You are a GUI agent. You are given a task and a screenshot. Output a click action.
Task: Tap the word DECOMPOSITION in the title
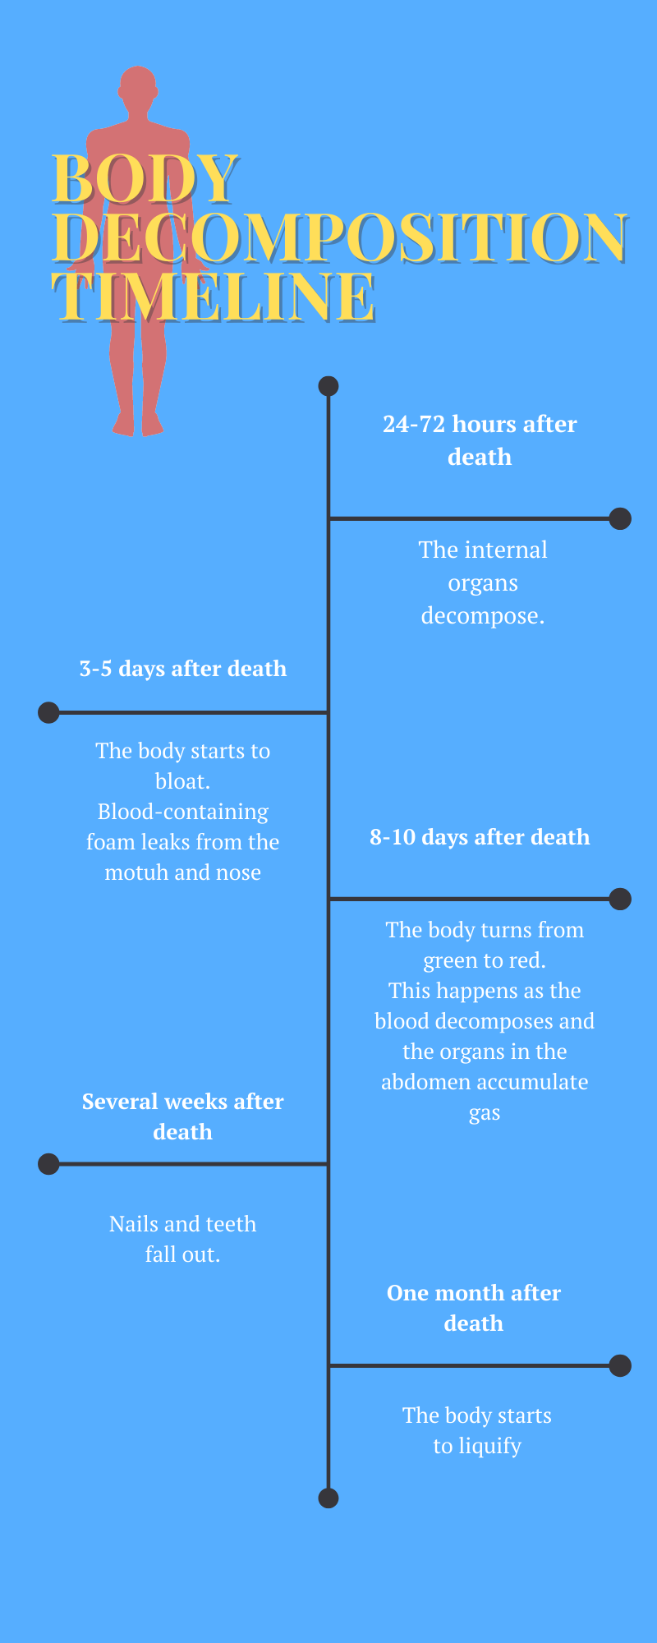tap(341, 237)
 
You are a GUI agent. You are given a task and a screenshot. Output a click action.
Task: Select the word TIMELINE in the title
tap(214, 296)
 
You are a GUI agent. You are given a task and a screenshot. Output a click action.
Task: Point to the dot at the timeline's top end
tap(328, 386)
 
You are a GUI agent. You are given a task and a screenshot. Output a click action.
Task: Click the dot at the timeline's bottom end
tap(328, 1498)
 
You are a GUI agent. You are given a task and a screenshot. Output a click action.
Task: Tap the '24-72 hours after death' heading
tap(480, 440)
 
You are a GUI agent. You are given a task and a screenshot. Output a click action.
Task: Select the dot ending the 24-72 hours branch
tap(620, 518)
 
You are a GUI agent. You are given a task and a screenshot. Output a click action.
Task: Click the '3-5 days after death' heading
tap(183, 669)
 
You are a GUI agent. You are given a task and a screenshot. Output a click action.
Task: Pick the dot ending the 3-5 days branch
tap(48, 712)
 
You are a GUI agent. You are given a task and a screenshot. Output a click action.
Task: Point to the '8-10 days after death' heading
tap(480, 837)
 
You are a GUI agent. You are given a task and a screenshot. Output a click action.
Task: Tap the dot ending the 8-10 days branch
tap(620, 899)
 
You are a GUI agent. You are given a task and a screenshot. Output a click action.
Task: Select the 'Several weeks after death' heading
tap(183, 1116)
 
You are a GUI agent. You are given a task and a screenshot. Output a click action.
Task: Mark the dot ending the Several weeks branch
tap(48, 1164)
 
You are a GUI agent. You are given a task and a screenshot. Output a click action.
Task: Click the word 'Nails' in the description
tap(134, 1224)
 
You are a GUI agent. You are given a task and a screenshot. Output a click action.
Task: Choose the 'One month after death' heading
tap(474, 1308)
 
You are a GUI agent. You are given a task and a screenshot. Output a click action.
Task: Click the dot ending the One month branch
tap(620, 1366)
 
